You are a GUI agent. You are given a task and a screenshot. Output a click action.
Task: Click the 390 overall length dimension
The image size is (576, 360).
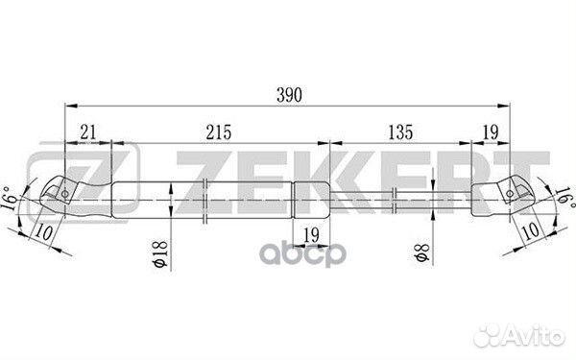[x=288, y=94]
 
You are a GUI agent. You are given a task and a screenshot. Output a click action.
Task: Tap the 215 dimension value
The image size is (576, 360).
[x=219, y=134]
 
